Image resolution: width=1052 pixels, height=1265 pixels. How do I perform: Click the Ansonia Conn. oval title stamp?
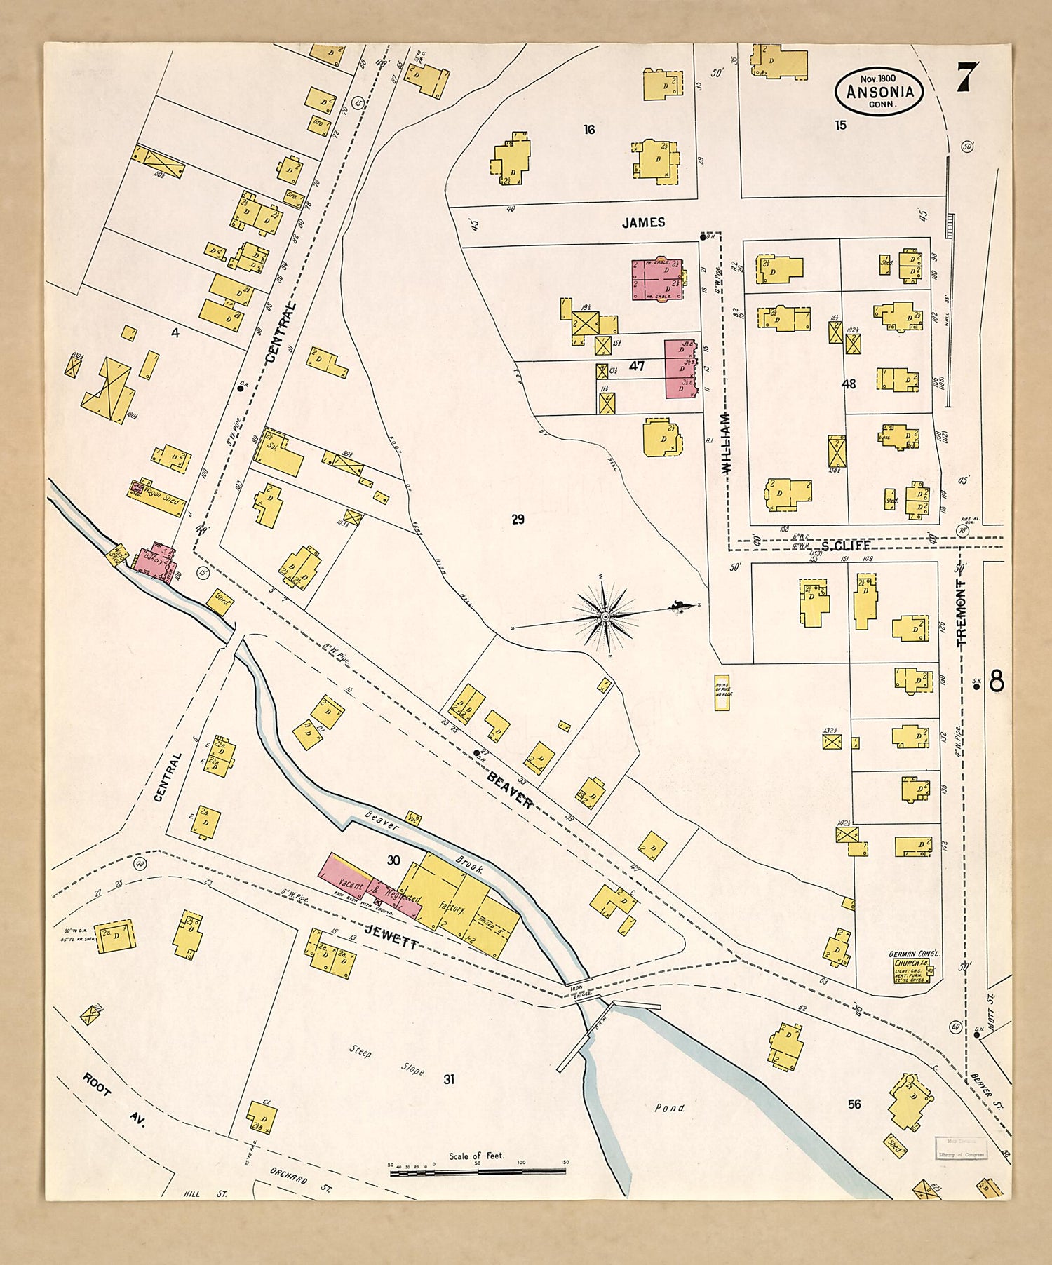pyautogui.click(x=879, y=91)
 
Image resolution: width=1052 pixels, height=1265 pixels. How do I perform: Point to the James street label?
pyautogui.click(x=643, y=222)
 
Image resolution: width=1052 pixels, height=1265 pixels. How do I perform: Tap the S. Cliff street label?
pyautogui.click(x=845, y=546)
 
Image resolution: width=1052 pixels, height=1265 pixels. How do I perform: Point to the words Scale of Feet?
pyautogui.click(x=477, y=1156)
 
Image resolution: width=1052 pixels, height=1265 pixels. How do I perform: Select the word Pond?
pyautogui.click(x=669, y=1109)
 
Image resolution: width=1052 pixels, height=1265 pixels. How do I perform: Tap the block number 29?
pyautogui.click(x=518, y=520)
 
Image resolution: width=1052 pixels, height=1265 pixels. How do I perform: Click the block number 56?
pyautogui.click(x=854, y=1104)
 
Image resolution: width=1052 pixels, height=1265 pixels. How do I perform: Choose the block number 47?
pyautogui.click(x=637, y=365)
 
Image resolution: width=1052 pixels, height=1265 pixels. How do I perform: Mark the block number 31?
pyautogui.click(x=449, y=1079)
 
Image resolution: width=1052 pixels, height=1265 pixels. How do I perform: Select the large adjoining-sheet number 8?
pyautogui.click(x=997, y=681)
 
